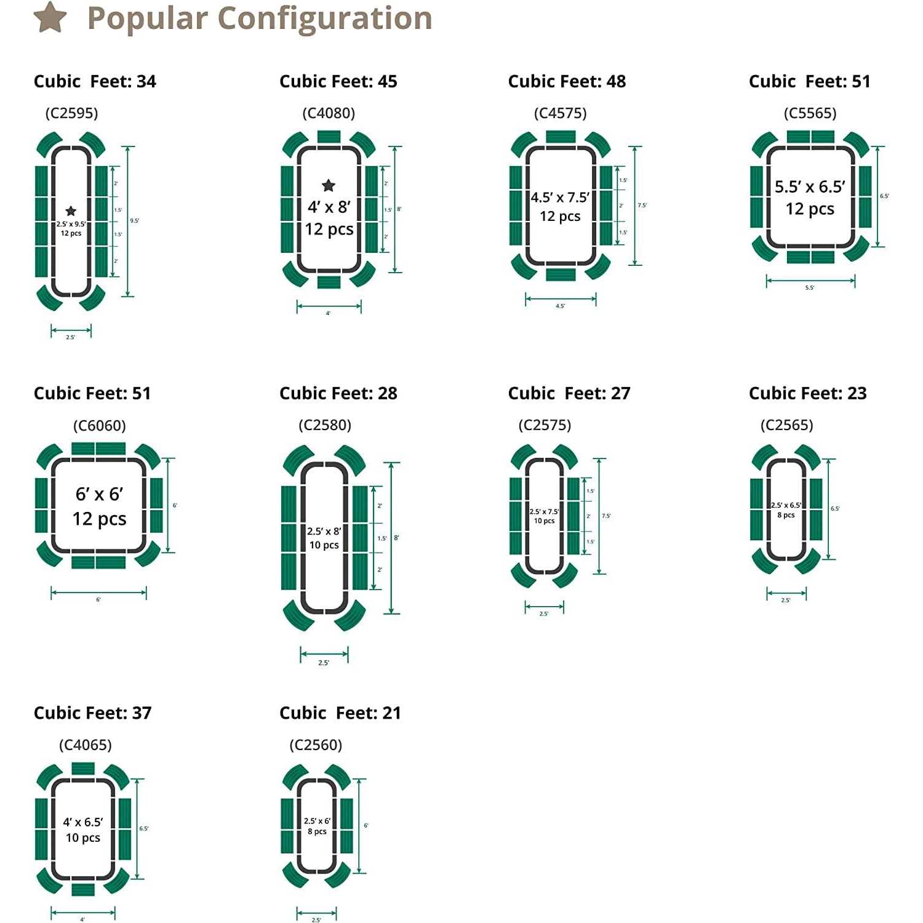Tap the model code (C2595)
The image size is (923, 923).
click(71, 113)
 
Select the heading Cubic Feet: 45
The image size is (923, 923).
click(338, 81)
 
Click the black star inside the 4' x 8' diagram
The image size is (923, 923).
click(329, 185)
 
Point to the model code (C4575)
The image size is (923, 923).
click(560, 113)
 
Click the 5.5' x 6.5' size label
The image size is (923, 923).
click(810, 186)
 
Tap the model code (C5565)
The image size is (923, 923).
click(810, 113)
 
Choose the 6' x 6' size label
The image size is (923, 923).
click(99, 494)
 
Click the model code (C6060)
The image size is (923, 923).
click(99, 425)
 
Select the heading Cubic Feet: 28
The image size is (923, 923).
click(338, 393)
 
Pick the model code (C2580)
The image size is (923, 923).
click(324, 425)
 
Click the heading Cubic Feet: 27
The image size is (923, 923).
click(569, 393)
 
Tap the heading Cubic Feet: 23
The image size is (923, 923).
click(807, 393)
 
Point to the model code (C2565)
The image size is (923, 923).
click(786, 425)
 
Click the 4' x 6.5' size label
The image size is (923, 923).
click(83, 822)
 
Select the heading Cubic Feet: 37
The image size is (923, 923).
click(92, 713)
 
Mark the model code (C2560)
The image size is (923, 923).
click(316, 745)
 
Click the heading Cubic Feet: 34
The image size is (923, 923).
click(95, 81)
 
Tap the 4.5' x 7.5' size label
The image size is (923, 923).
click(560, 198)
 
